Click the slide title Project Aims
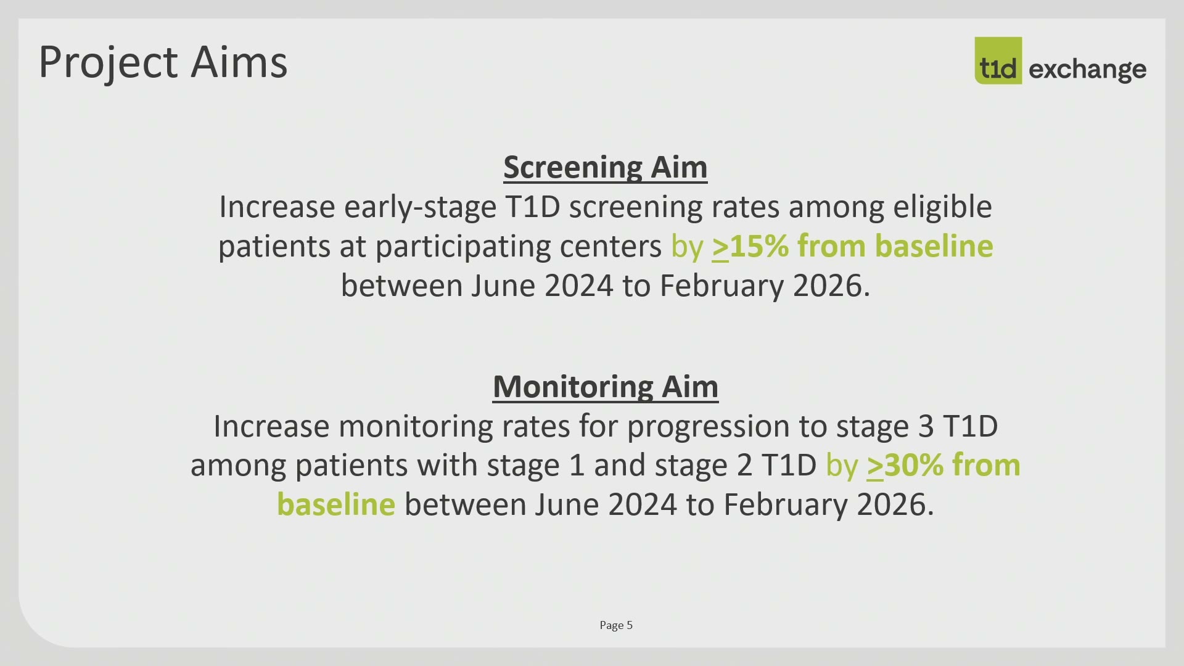[x=163, y=63]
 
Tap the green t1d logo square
[x=998, y=60]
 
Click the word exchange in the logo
[x=1087, y=70]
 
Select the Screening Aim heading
[x=605, y=168]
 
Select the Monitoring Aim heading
[x=605, y=387]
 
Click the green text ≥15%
[x=750, y=246]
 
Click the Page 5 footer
[x=616, y=625]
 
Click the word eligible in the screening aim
[x=943, y=207]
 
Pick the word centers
[x=610, y=247]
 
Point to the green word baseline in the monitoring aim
[x=336, y=504]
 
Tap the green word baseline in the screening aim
[x=934, y=246]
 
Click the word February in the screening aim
[x=721, y=286]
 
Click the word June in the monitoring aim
[x=567, y=505]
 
